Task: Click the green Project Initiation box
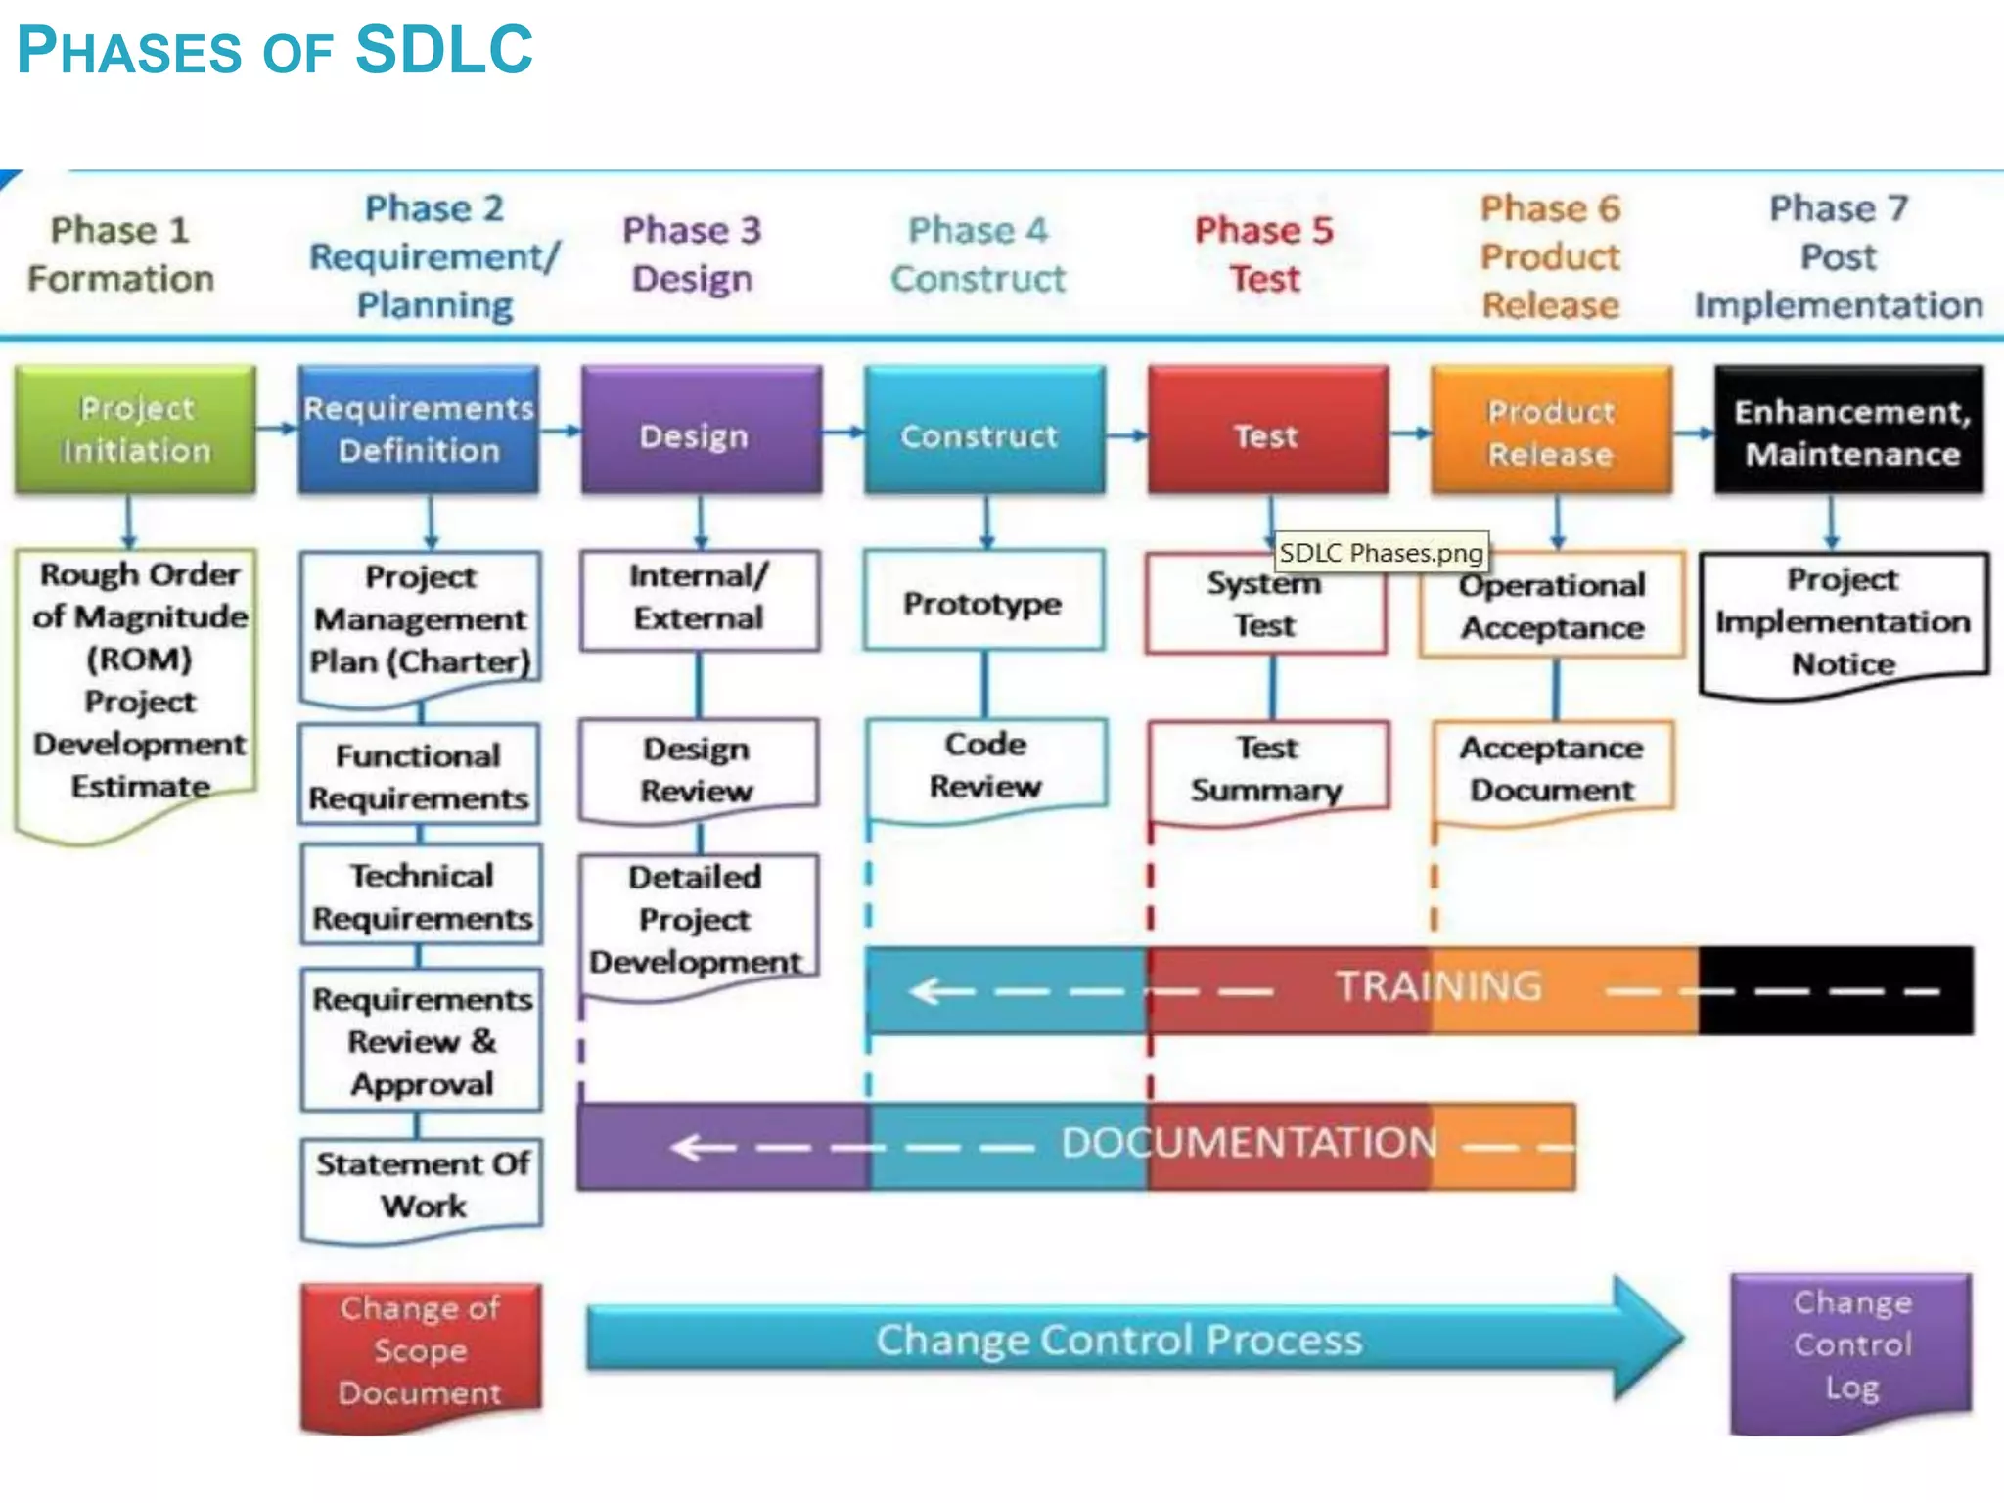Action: [135, 429]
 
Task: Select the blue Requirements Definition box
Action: [419, 429]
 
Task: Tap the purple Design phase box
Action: [701, 431]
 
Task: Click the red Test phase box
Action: [1267, 431]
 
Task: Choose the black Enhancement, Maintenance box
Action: [1849, 431]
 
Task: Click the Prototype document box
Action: [982, 602]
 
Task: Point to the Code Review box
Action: [985, 765]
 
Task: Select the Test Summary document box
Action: [1268, 769]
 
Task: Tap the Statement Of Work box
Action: [422, 1184]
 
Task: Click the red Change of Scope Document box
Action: [421, 1350]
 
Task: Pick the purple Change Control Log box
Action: [1851, 1344]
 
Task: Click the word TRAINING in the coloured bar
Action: [1438, 986]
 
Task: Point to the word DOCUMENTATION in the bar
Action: [1250, 1143]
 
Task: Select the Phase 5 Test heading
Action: [1264, 254]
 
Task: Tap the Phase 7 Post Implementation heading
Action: [1838, 256]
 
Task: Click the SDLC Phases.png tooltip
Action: [1381, 553]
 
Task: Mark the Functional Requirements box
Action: [419, 776]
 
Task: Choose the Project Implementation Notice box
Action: [1843, 621]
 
